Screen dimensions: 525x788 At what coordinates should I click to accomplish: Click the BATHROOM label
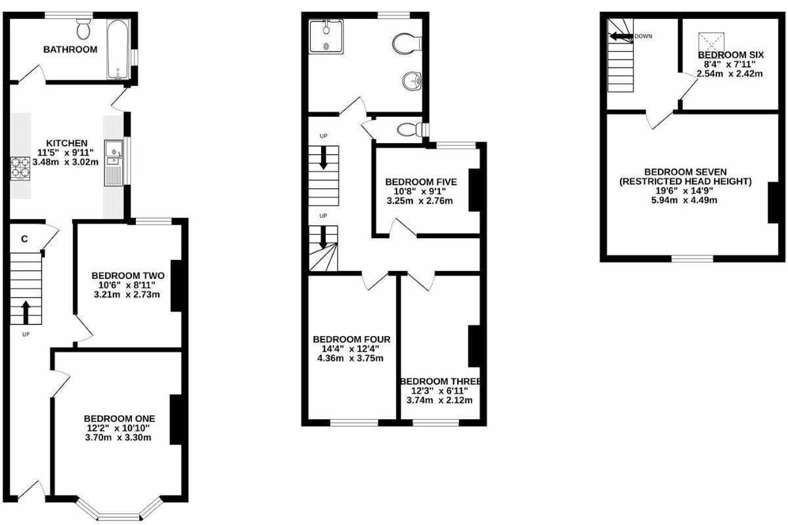[70, 49]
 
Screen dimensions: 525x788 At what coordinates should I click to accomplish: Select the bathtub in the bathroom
[119, 49]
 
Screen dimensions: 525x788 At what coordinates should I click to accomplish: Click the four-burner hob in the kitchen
[20, 169]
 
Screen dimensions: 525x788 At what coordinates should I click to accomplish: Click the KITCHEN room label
[66, 143]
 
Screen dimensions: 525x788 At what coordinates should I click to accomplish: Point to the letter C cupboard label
[24, 239]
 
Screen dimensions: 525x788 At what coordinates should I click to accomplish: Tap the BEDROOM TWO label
[128, 275]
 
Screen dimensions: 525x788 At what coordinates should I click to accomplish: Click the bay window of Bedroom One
[119, 511]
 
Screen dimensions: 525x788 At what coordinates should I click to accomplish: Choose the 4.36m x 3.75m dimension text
[351, 358]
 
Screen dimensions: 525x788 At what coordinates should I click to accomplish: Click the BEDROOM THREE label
[441, 381]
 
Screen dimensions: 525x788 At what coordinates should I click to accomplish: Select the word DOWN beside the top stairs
[644, 36]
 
